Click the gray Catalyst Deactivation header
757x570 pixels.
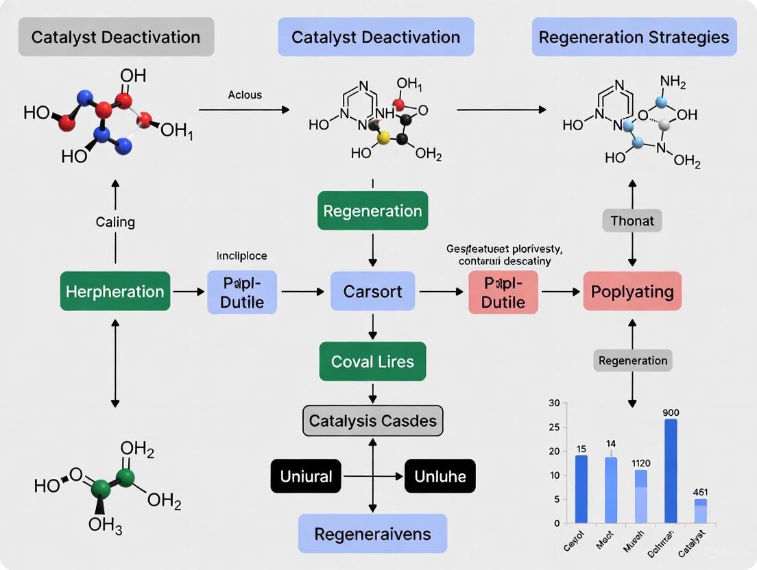116,37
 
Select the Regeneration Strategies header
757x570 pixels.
634,37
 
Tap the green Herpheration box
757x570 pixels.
115,292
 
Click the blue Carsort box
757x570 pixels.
372,292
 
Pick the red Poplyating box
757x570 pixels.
632,292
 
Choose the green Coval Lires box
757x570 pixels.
372,361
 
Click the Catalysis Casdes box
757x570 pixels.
373,420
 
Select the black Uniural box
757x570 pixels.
306,476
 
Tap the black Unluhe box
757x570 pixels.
440,476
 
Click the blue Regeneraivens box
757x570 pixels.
372,534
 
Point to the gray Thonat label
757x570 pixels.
632,221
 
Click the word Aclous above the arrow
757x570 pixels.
245,95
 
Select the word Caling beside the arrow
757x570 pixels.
115,222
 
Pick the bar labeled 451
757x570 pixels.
700,511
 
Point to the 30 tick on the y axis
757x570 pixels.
554,404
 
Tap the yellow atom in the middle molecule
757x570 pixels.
384,138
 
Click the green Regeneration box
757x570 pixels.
372,211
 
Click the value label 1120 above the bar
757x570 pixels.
640,463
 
